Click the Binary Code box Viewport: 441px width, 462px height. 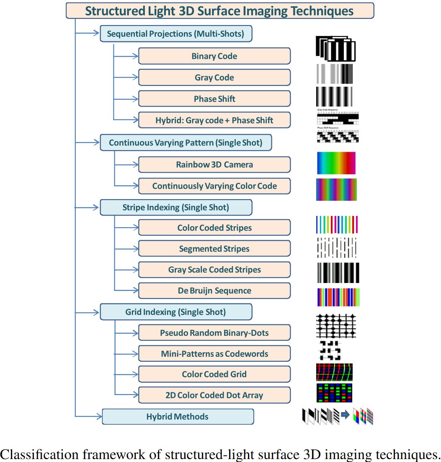(x=214, y=56)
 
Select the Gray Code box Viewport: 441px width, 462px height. (x=214, y=78)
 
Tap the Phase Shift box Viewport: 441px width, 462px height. (x=214, y=99)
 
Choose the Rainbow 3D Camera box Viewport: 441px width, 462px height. (x=214, y=165)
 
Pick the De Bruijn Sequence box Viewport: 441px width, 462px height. (x=214, y=291)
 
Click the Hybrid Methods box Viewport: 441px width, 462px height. (x=178, y=417)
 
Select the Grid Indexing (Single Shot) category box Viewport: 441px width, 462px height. (x=175, y=312)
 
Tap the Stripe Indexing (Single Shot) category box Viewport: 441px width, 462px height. (x=175, y=208)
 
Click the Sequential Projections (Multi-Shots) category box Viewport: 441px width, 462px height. (x=175, y=34)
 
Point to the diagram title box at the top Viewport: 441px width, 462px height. (x=219, y=11)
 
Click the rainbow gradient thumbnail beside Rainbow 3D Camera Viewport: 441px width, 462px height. (x=336, y=163)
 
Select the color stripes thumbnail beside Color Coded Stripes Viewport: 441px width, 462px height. (x=337, y=225)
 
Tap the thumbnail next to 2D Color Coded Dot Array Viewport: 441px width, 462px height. (x=334, y=393)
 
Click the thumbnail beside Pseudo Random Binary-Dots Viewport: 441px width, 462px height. (x=336, y=326)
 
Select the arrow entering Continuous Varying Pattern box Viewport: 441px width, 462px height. (x=88, y=143)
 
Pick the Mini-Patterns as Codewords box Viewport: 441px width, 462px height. (x=214, y=354)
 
